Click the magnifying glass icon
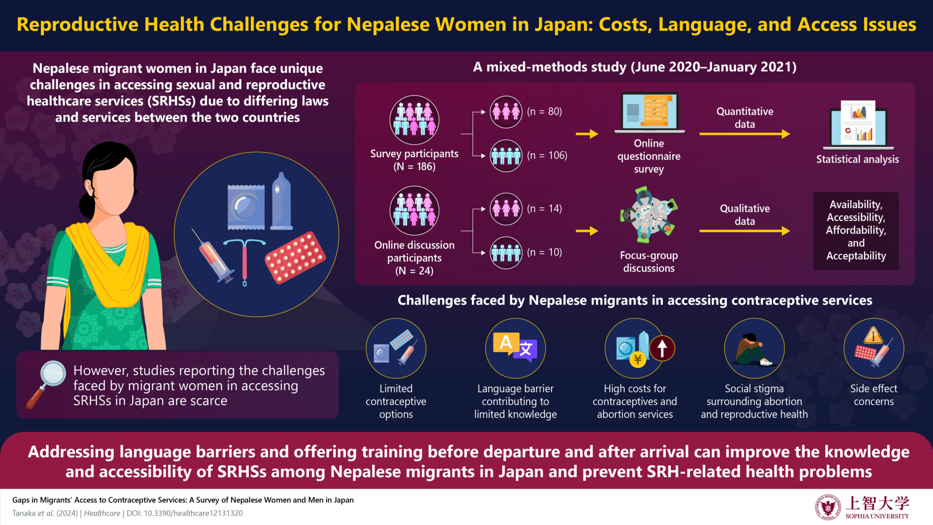46,384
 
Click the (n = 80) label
544,112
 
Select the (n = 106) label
547,155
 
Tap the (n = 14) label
544,209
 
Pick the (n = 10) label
544,252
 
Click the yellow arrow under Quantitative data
744,134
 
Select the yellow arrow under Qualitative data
744,231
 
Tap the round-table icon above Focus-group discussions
649,216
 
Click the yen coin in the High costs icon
638,360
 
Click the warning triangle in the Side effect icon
873,336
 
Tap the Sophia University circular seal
828,507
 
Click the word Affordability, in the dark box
856,230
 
